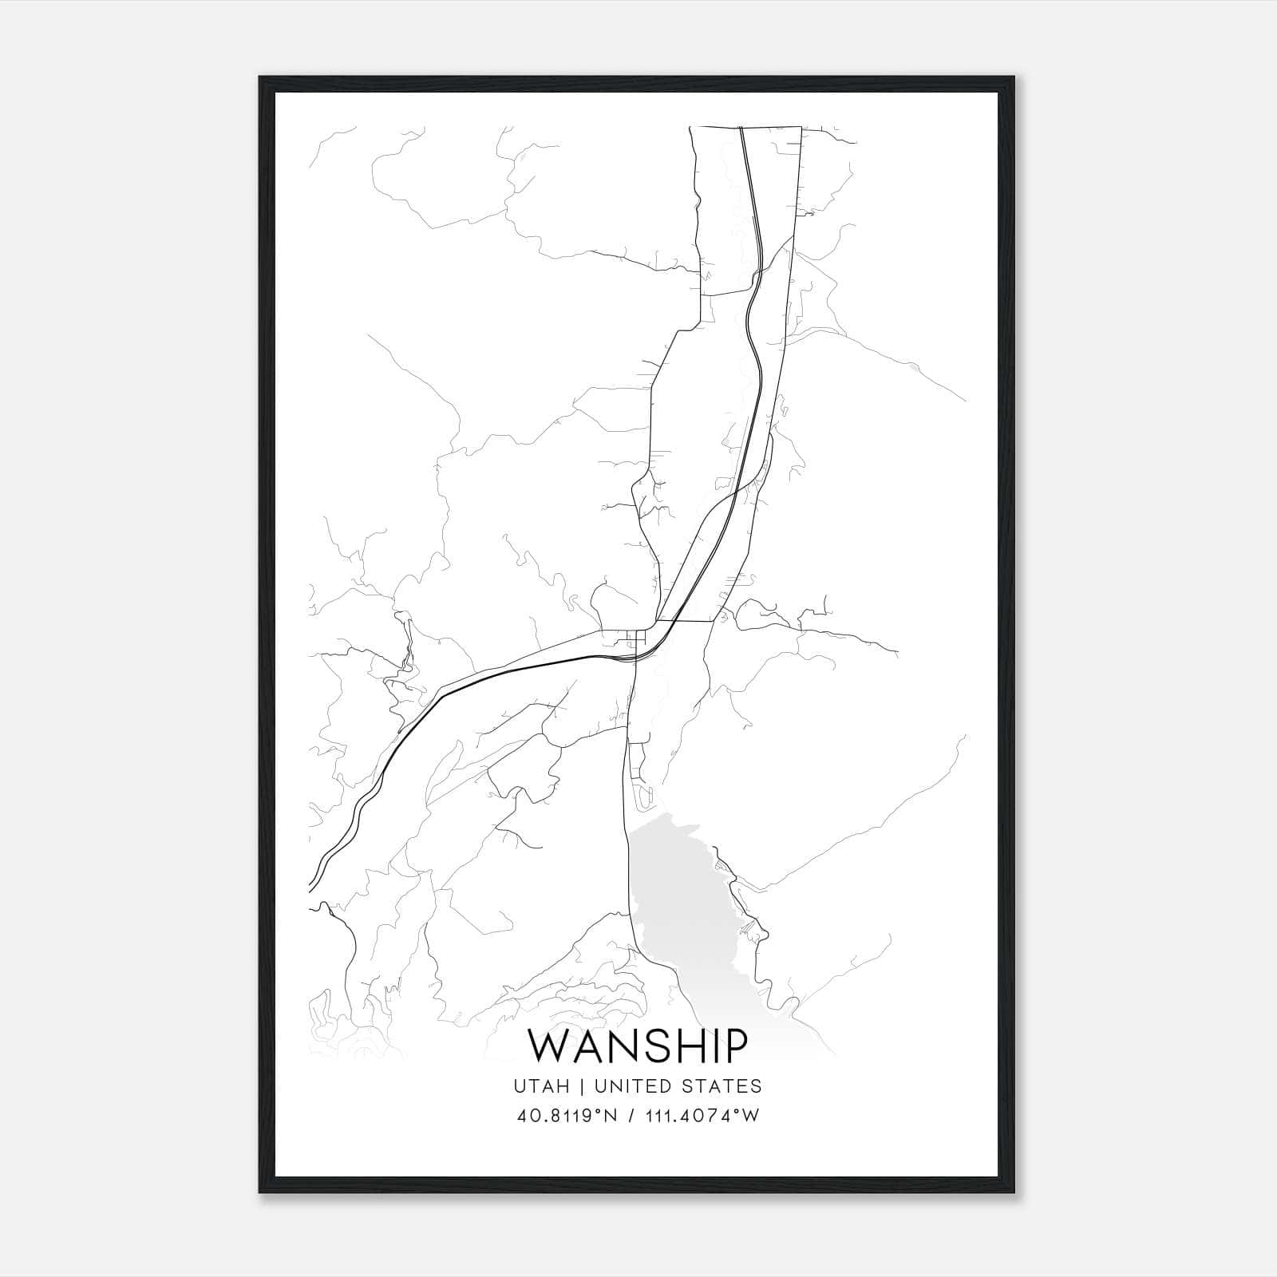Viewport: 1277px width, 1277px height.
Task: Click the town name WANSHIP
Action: pyautogui.click(x=638, y=1046)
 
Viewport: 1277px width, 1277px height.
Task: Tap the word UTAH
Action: pyautogui.click(x=541, y=1086)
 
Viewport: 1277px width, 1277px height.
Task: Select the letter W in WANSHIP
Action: pyautogui.click(x=552, y=1046)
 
